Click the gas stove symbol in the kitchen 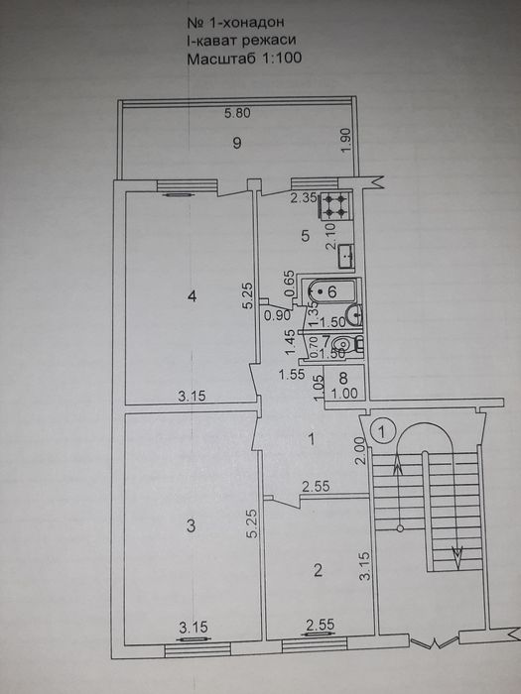335,206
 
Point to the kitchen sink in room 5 346,256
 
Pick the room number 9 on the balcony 238,143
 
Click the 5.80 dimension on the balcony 237,113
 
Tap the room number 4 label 192,296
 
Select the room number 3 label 191,526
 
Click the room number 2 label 318,570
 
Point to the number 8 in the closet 343,378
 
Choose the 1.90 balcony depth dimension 346,141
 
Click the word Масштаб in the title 221,58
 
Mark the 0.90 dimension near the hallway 278,314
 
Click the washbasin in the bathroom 355,314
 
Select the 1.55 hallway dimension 292,375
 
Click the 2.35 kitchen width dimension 304,198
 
